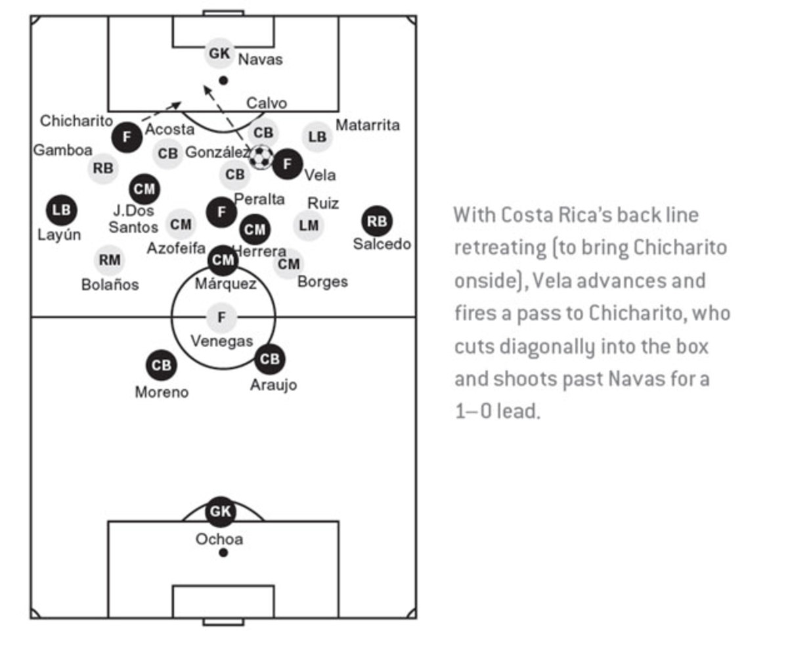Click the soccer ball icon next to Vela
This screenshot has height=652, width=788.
point(261,157)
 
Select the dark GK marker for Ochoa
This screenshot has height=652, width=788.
point(221,511)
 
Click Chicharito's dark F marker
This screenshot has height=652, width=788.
point(127,137)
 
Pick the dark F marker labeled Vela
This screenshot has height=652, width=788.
point(288,164)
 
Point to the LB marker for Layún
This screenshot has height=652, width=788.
point(62,210)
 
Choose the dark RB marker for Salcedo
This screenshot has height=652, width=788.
point(377,221)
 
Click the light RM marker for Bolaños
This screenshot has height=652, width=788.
point(109,260)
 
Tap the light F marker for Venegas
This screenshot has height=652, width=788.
point(221,318)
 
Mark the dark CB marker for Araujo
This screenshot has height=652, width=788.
point(270,359)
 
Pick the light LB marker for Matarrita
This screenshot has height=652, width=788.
point(317,137)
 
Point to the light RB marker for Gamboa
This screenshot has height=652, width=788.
point(103,168)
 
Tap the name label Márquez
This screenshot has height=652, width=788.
point(225,284)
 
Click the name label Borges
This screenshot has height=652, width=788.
point(322,282)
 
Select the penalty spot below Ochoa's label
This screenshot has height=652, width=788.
point(223,553)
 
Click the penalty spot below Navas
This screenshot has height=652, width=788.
point(223,80)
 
